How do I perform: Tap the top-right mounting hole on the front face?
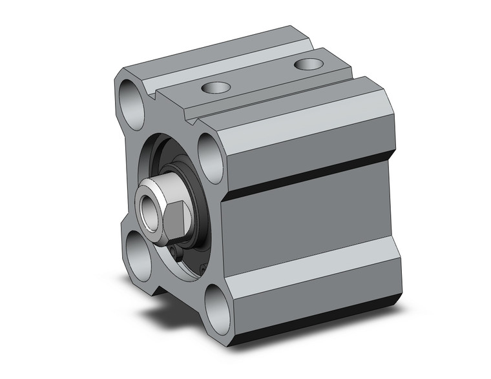click(211, 152)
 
